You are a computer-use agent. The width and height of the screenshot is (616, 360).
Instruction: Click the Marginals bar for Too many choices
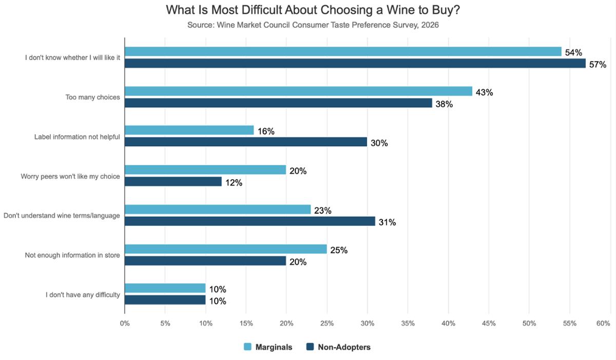coord(298,91)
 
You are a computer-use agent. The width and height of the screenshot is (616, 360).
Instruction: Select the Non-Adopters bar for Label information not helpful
coord(246,142)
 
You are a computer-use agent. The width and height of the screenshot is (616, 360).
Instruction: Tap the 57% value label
coord(598,65)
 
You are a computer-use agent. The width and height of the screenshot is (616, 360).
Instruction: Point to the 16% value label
coord(266,131)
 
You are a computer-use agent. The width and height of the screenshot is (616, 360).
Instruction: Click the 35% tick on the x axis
coord(408,324)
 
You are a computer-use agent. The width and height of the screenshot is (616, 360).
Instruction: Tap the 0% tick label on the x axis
coord(125,324)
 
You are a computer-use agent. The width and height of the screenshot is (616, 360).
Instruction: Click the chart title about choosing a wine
coord(308,10)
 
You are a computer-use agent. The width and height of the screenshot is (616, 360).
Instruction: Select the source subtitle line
coord(308,24)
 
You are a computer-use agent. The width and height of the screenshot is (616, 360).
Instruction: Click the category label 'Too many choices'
coord(92,97)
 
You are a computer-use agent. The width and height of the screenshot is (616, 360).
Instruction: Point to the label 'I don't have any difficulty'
coord(83,295)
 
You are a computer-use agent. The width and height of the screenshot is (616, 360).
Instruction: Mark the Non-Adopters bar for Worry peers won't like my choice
coord(173,182)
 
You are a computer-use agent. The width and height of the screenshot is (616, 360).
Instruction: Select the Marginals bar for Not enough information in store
coord(226,249)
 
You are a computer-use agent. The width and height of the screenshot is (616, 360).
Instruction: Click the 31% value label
coord(388,222)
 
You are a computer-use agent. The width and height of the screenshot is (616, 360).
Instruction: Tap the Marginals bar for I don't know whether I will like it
coord(343,51)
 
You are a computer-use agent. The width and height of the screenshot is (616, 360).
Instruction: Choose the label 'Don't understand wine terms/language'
coord(62,216)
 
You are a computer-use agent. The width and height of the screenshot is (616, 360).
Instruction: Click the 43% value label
coord(485,92)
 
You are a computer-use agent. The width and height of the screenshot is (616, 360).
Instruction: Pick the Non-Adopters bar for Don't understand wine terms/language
coord(250,221)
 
